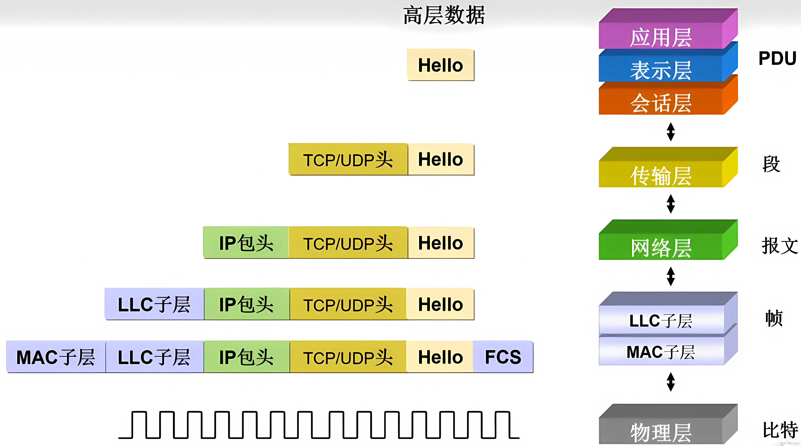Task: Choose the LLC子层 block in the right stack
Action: coord(661,321)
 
